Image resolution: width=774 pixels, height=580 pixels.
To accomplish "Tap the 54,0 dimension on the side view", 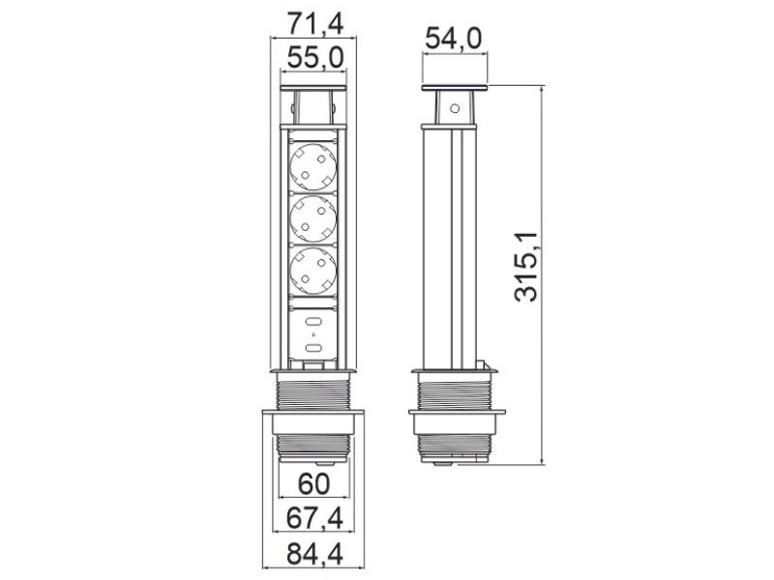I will [x=454, y=40].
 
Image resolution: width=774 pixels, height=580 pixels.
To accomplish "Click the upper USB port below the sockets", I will [x=315, y=320].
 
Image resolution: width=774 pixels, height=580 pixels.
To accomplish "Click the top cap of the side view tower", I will [x=454, y=90].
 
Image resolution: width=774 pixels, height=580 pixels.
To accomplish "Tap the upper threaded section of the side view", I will [x=454, y=392].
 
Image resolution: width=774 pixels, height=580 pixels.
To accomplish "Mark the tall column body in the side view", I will [x=454, y=242].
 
